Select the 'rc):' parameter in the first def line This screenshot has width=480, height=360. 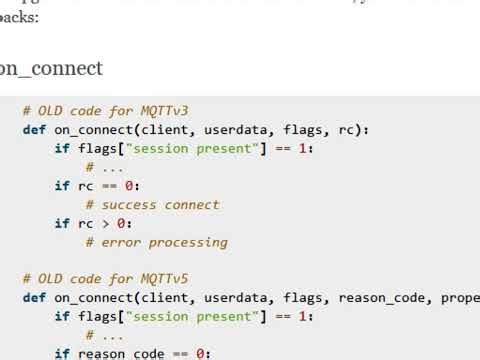click(353, 130)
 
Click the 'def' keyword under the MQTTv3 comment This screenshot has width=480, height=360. click(34, 130)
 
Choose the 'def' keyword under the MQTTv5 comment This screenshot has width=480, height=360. click(34, 298)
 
